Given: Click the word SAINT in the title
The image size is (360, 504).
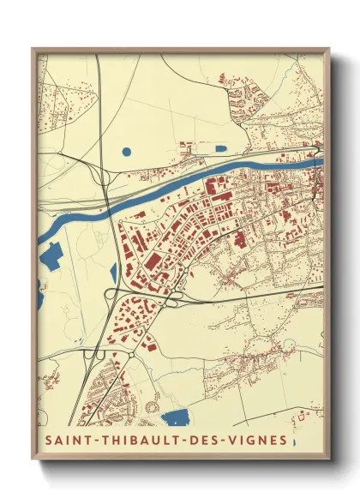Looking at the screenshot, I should pyautogui.click(x=65, y=442).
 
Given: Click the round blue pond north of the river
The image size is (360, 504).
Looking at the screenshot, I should pyautogui.click(x=127, y=152).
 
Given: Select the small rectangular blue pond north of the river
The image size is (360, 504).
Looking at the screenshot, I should pyautogui.click(x=208, y=147).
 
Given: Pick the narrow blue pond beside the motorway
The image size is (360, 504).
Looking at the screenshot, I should pyautogui.click(x=113, y=273).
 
